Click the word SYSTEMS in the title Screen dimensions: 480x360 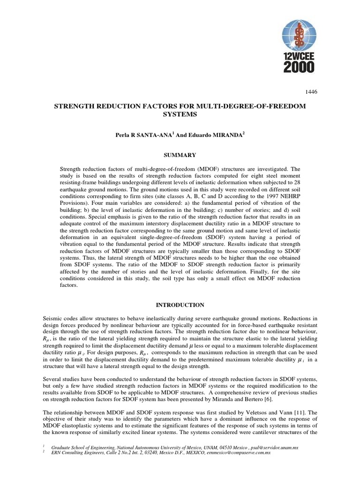tap(180, 114)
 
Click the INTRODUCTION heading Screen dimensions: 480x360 tap(180, 305)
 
